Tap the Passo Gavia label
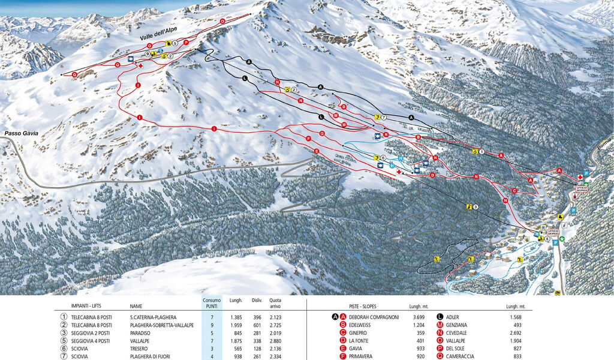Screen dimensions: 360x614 coord(20,133)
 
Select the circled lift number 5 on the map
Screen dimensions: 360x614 coord(174,43)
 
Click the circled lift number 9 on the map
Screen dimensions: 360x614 coord(147,54)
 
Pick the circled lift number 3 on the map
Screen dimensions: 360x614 coord(475,207)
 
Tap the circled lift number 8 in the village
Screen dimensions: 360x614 coord(547,239)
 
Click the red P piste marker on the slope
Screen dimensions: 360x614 coord(186,43)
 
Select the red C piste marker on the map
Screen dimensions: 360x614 coord(514,191)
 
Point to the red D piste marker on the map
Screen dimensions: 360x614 coord(432,175)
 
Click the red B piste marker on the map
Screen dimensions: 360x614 coord(418,138)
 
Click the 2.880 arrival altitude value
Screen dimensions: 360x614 coord(275,341)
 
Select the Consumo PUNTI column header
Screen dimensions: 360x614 coord(212,303)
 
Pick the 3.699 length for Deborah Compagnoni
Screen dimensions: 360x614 coord(419,317)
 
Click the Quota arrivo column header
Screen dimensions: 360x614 coord(275,303)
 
